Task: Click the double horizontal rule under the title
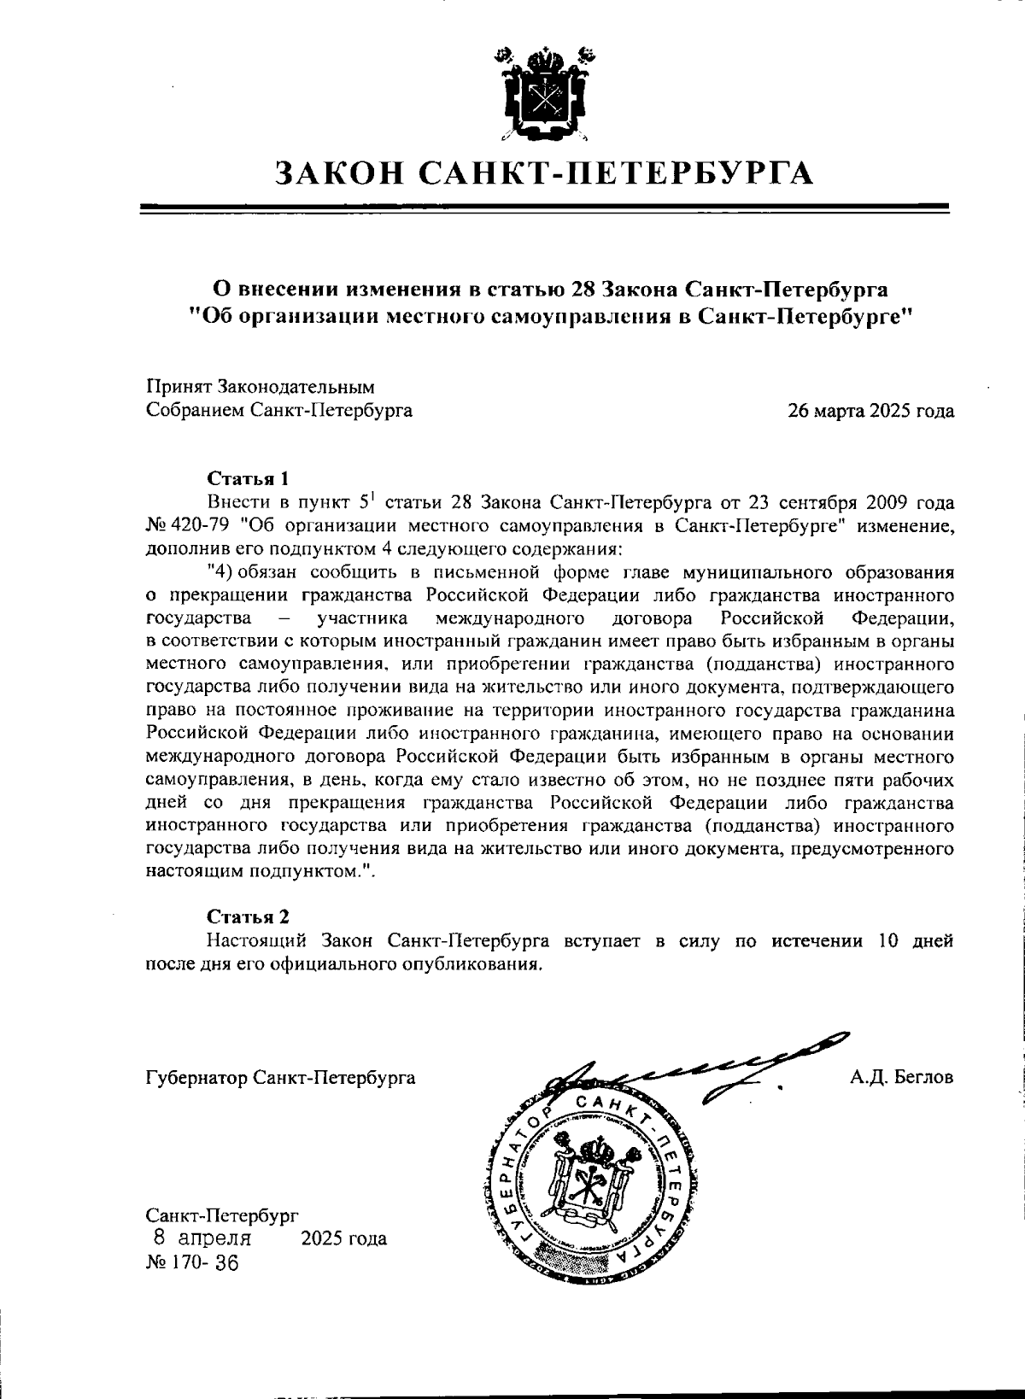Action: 543,208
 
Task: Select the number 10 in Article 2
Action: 881,941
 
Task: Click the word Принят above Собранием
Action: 176,388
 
